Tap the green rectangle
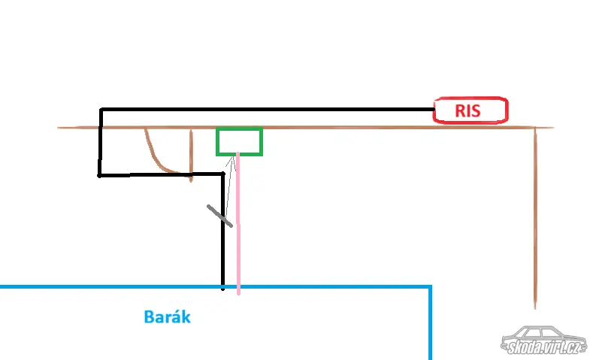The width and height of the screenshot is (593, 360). tap(239, 141)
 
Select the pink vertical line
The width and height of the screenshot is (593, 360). tap(238, 225)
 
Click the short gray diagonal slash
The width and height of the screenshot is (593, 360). tap(220, 215)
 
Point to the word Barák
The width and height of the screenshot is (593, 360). tap(167, 317)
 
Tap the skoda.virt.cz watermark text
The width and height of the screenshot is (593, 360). tap(543, 347)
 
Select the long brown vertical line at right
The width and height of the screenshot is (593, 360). tap(534, 218)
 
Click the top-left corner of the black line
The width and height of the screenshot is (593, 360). tap(100, 110)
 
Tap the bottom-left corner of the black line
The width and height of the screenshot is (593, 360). tap(100, 175)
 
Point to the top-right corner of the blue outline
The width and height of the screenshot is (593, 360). tap(431, 287)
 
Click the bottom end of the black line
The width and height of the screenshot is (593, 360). tap(223, 288)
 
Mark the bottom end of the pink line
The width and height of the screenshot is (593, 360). tap(238, 293)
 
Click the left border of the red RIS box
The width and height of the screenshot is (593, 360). tap(434, 110)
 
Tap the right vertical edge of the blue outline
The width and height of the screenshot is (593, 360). tap(431, 323)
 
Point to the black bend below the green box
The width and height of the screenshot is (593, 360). tap(223, 175)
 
